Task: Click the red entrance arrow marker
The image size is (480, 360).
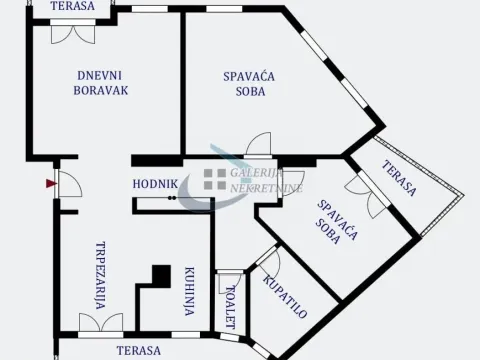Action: pyautogui.click(x=48, y=183)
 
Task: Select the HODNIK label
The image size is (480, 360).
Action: pyautogui.click(x=155, y=184)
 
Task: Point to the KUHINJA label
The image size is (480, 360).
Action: pyautogui.click(x=189, y=291)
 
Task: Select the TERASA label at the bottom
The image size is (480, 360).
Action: pyautogui.click(x=137, y=350)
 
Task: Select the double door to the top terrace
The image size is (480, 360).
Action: pyautogui.click(x=73, y=30)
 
